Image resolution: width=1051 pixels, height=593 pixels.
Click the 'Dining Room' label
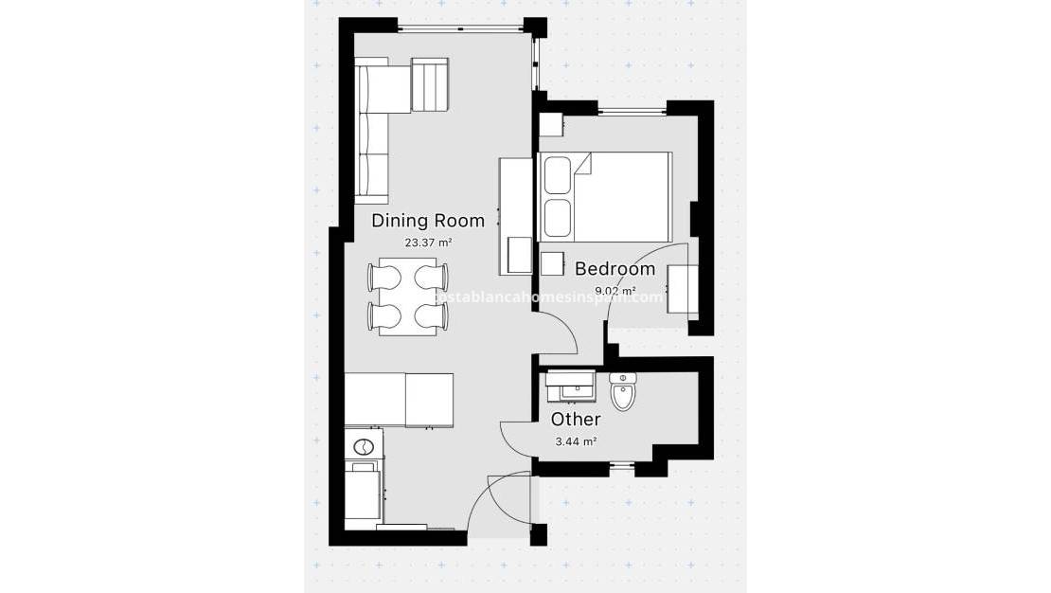(x=427, y=221)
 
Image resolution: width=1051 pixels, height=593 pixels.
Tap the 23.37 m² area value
(x=427, y=243)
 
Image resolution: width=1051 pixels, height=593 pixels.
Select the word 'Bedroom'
(x=615, y=269)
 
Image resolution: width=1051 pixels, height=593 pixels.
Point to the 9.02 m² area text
(x=615, y=291)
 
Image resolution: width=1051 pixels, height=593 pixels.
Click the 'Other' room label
(x=576, y=419)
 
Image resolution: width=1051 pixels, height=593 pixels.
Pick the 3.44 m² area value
(x=576, y=441)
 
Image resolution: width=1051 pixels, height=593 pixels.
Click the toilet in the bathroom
(x=623, y=392)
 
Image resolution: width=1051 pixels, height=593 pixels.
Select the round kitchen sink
(x=363, y=445)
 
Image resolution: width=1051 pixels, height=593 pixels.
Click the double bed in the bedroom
(x=605, y=197)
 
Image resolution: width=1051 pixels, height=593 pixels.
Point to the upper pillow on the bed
(x=556, y=175)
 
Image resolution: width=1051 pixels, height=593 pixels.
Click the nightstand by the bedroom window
(x=551, y=124)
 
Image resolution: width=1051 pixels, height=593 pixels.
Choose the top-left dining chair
(x=383, y=277)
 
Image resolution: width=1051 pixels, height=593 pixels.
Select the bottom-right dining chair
(x=432, y=314)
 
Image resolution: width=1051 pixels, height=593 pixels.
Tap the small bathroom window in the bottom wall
(x=621, y=465)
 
